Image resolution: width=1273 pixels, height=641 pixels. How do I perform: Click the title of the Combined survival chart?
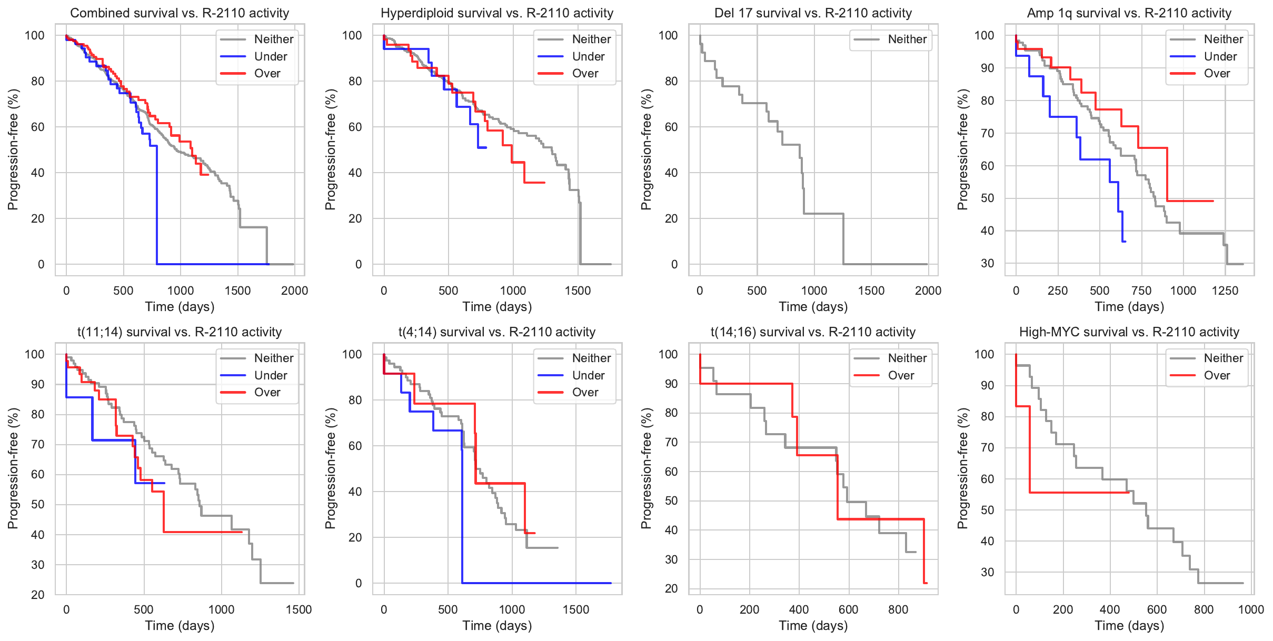(x=180, y=13)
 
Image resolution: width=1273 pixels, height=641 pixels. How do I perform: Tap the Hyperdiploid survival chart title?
(x=497, y=13)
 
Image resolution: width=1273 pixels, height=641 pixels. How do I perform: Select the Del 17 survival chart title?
(x=813, y=13)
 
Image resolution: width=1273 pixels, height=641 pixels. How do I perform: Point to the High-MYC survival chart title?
(x=1129, y=332)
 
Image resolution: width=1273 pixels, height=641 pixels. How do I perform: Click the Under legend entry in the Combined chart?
(x=270, y=56)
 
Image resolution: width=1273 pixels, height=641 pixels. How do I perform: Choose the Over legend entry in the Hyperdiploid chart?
(x=585, y=74)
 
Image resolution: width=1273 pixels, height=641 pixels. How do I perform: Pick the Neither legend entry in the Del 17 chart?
(x=907, y=39)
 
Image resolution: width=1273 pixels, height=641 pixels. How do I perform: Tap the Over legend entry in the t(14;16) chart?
(x=901, y=376)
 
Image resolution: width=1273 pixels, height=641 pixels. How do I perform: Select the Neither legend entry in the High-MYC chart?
(x=1223, y=358)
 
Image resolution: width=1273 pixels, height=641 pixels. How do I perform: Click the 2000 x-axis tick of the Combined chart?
(x=294, y=291)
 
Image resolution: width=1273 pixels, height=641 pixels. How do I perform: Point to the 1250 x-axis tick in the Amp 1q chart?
(x=1225, y=291)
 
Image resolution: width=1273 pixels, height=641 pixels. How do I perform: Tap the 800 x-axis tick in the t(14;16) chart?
(x=898, y=610)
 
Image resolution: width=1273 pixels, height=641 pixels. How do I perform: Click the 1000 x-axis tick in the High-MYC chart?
(x=1251, y=610)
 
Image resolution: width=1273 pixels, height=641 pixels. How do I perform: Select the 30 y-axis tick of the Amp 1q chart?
(x=988, y=264)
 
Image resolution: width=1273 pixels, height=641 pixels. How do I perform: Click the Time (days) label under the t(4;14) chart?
(x=497, y=626)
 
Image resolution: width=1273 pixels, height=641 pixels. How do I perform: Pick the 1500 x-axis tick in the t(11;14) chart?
(x=299, y=610)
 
